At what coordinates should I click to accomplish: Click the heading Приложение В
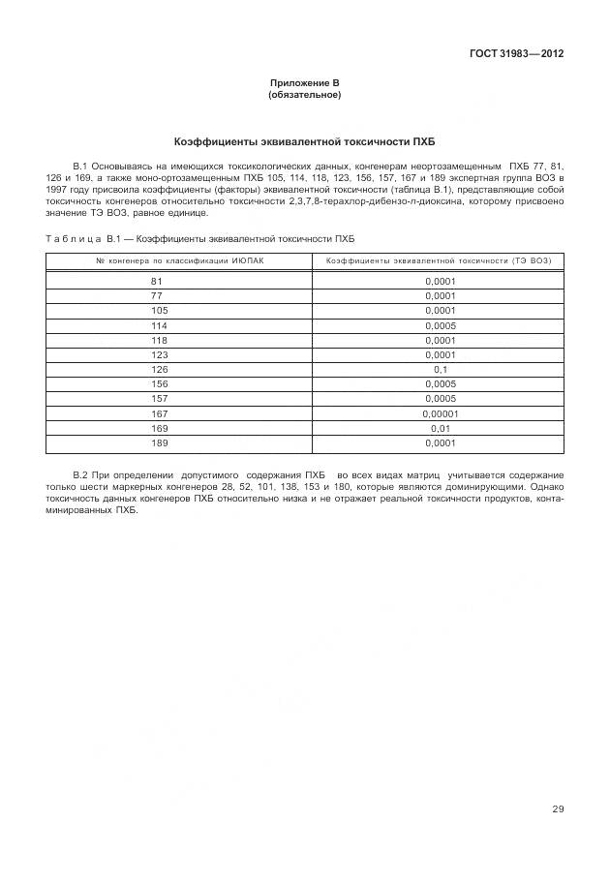click(x=305, y=84)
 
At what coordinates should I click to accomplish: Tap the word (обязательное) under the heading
click(x=305, y=95)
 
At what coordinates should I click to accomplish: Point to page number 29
click(x=558, y=809)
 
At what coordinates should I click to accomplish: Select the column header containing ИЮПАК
click(x=179, y=260)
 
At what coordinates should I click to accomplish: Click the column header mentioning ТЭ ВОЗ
click(x=438, y=260)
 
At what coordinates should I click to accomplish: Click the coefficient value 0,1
click(x=440, y=370)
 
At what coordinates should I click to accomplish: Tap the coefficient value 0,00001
click(x=440, y=414)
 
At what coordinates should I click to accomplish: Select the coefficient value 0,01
click(x=440, y=429)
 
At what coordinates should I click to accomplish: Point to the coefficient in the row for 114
click(x=440, y=325)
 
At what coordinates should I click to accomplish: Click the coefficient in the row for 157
click(x=440, y=399)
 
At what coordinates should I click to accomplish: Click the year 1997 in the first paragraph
click(x=56, y=192)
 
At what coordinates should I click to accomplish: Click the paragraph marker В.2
click(x=81, y=475)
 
